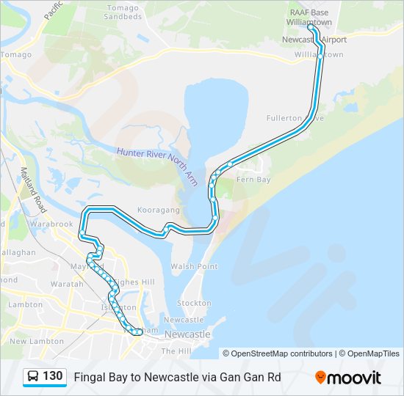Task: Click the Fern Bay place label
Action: [x=254, y=180]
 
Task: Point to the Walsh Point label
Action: [x=193, y=266]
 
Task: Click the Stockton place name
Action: [x=195, y=302]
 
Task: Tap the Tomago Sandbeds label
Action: [x=123, y=12]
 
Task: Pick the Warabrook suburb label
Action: [x=51, y=224]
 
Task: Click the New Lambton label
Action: [x=28, y=341]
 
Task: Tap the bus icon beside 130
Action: [x=33, y=377]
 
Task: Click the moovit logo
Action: [x=348, y=378]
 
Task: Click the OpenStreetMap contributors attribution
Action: [x=278, y=353]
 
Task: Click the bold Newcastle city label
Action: [x=188, y=334]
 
